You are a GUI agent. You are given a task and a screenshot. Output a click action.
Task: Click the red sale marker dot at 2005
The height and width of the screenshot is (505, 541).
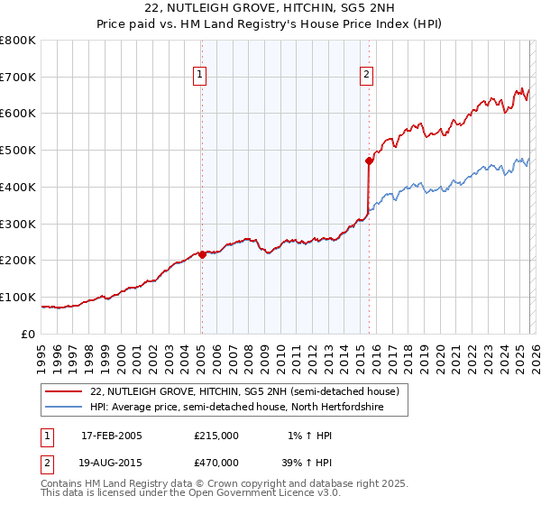coord(202,254)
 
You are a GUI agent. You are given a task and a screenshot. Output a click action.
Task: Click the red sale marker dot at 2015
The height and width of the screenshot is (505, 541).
coord(369,161)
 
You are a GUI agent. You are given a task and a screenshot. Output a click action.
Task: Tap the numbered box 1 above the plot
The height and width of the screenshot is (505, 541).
coord(199,76)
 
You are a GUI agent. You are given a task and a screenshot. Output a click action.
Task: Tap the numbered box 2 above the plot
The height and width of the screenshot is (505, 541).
coord(367,76)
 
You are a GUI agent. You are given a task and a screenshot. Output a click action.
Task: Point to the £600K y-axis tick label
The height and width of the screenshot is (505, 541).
coord(18,114)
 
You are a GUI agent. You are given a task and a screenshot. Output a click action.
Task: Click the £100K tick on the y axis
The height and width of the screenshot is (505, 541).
coord(18,297)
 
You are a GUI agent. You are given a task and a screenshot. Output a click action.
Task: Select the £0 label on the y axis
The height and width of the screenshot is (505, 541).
coord(29,334)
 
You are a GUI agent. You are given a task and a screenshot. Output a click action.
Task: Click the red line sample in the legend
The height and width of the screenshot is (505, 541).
coord(64,390)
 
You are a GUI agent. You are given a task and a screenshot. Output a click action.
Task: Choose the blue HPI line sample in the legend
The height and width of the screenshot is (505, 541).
coord(64,407)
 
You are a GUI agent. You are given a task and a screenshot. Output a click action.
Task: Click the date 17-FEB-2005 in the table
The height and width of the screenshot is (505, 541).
coord(111,436)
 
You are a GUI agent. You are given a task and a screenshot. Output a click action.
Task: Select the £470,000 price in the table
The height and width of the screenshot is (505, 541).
coord(216,464)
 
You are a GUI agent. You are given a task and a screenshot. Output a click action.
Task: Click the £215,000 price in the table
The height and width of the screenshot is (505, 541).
coord(216,436)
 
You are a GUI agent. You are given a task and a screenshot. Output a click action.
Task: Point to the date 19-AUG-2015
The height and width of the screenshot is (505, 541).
coord(112,464)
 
